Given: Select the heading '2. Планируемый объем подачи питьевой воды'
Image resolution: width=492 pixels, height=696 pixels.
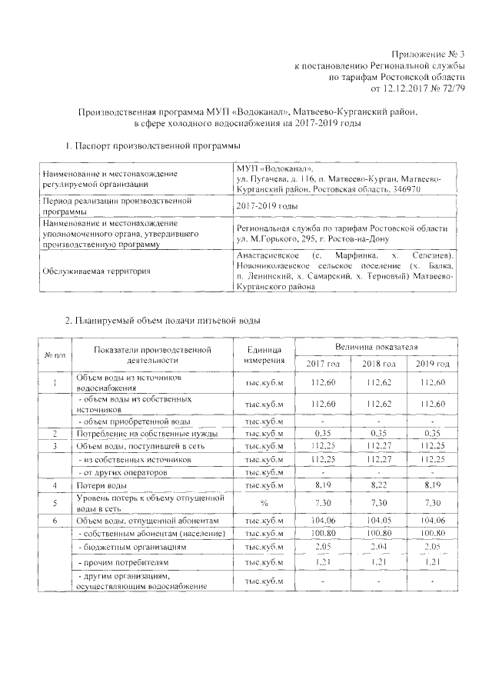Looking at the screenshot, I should [163, 319].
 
